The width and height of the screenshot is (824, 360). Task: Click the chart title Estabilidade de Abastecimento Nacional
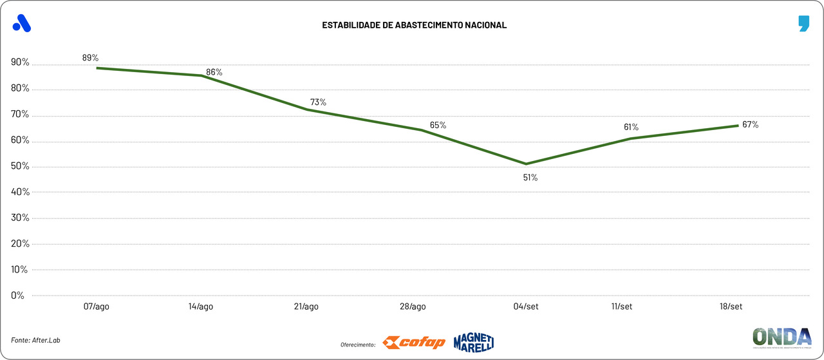tap(415, 25)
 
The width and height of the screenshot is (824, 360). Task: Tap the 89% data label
tap(90, 57)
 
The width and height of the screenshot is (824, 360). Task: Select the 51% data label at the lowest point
tap(530, 177)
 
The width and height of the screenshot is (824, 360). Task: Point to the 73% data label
tap(318, 102)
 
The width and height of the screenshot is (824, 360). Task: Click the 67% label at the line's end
tap(750, 124)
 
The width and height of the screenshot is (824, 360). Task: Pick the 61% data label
tap(631, 127)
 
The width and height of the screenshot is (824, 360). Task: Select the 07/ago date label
tap(97, 307)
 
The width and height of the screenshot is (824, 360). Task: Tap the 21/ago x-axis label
tap(306, 307)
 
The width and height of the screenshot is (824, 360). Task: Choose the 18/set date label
tap(731, 307)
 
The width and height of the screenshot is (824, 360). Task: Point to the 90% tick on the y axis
tap(20, 62)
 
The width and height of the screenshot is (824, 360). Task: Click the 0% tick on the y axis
tap(17, 296)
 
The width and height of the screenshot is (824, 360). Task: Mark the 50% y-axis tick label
tap(20, 166)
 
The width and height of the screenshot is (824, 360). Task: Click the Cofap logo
tap(414, 343)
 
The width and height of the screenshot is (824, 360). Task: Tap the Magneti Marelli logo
tap(473, 342)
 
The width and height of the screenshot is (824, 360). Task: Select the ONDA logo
tap(782, 337)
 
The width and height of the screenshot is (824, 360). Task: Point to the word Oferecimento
tap(358, 345)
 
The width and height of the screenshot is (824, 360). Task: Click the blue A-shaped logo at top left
tap(22, 23)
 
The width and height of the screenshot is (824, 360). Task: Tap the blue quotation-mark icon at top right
tap(803, 24)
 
